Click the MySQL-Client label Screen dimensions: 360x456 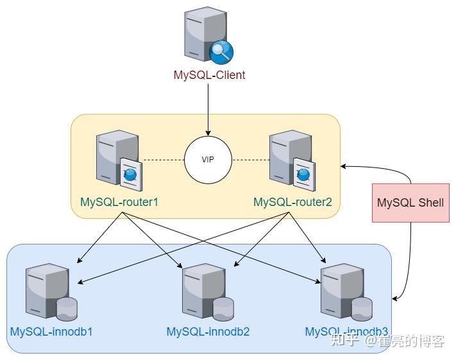click(x=209, y=75)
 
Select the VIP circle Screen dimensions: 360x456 click(x=208, y=159)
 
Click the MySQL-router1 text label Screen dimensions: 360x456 click(x=119, y=201)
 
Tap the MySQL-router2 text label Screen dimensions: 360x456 click(x=292, y=201)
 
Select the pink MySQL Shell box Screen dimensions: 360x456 click(x=410, y=202)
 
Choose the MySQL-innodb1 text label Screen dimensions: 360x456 click(x=51, y=332)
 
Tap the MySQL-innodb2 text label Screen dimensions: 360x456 click(x=208, y=332)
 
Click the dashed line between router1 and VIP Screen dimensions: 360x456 click(x=163, y=159)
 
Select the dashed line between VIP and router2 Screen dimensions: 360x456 click(x=250, y=159)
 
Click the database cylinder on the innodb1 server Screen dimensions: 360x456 click(x=67, y=309)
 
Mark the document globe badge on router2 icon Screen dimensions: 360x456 click(x=303, y=173)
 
